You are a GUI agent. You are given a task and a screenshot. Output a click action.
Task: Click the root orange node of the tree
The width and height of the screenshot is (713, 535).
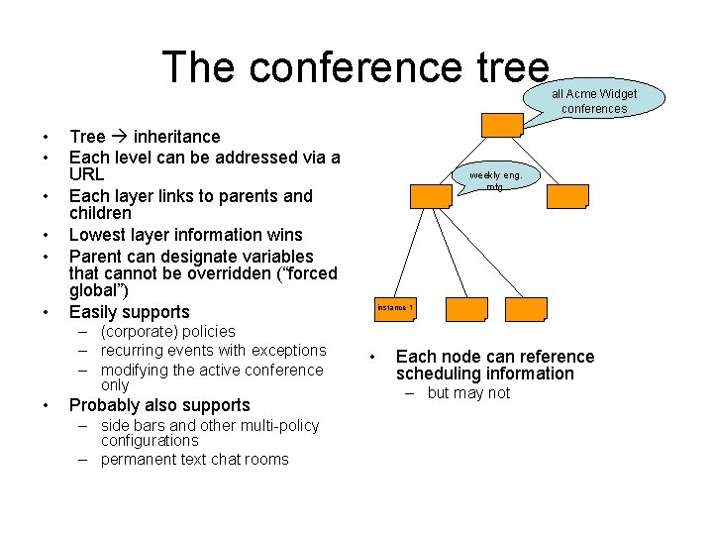(502, 124)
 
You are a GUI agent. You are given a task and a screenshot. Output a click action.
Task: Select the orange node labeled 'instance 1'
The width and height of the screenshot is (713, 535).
(395, 308)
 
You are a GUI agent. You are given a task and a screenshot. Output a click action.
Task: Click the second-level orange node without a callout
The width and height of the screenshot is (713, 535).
(567, 195)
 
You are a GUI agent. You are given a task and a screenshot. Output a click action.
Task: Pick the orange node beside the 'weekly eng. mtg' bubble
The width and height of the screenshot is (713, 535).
(431, 195)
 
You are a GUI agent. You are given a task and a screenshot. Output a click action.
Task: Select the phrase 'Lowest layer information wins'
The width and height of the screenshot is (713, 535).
(185, 234)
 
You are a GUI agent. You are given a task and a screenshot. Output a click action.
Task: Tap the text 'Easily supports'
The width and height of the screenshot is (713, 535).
(129, 312)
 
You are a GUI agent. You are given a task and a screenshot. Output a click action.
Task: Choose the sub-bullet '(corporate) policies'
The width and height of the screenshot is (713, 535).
(167, 331)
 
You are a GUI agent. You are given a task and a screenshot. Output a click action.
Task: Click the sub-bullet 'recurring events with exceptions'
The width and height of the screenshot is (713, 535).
(213, 350)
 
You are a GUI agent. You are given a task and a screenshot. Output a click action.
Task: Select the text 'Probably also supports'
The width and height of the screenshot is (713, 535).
(159, 405)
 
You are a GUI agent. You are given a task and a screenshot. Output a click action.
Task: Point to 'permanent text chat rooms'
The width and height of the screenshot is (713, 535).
(194, 459)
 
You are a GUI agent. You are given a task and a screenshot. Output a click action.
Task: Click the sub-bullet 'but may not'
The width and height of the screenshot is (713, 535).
(468, 392)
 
